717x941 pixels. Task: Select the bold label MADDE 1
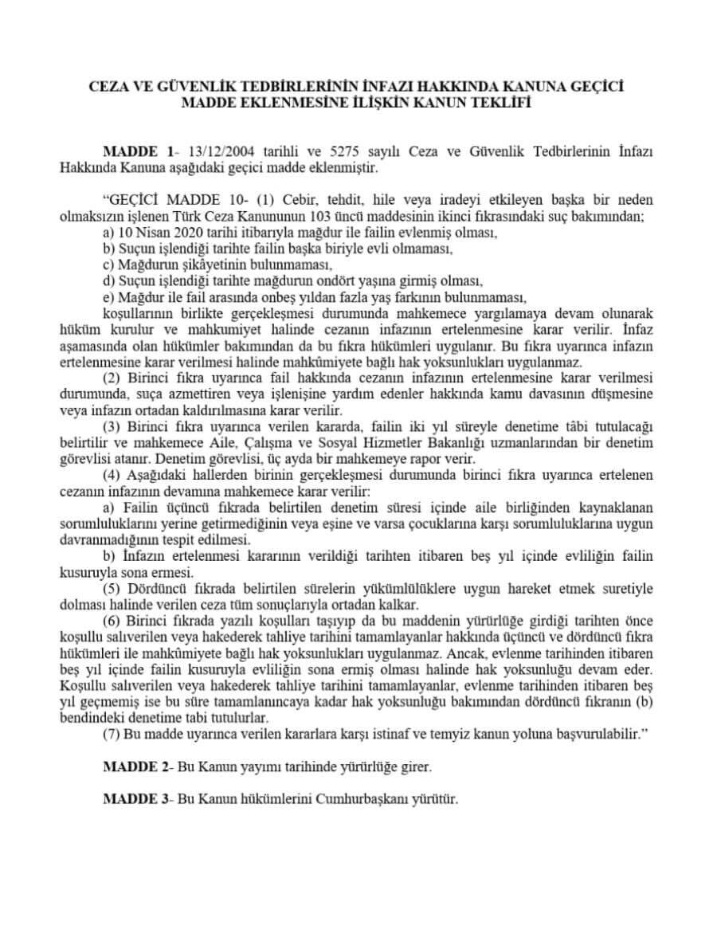[138, 151]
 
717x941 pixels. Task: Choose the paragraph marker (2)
[112, 378]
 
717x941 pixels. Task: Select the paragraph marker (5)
[112, 588]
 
